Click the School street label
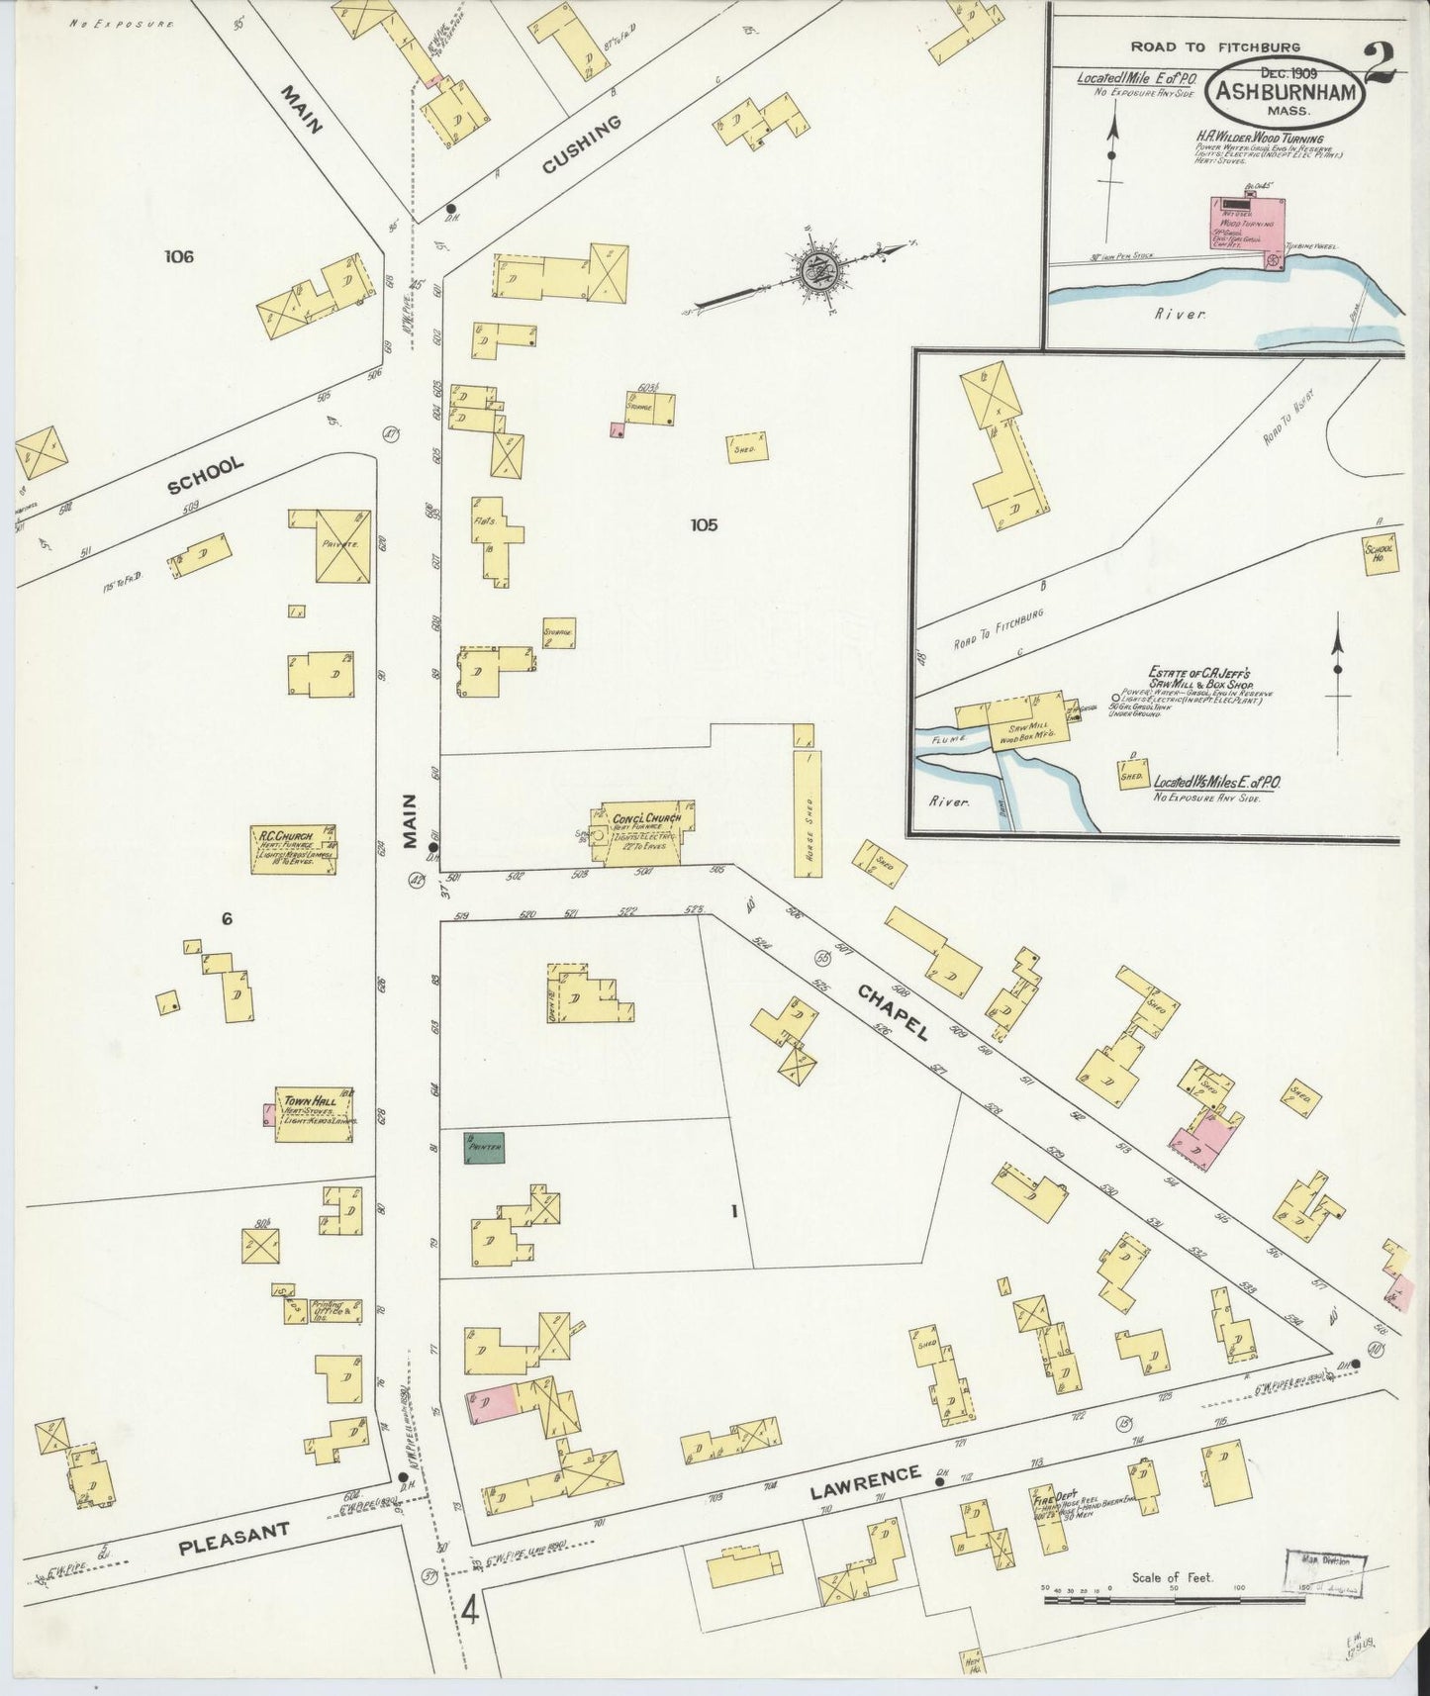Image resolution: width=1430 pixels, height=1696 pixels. coord(206,477)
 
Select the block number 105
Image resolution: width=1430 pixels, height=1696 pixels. coord(704,525)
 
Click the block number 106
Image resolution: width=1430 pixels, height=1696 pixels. coord(179,257)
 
